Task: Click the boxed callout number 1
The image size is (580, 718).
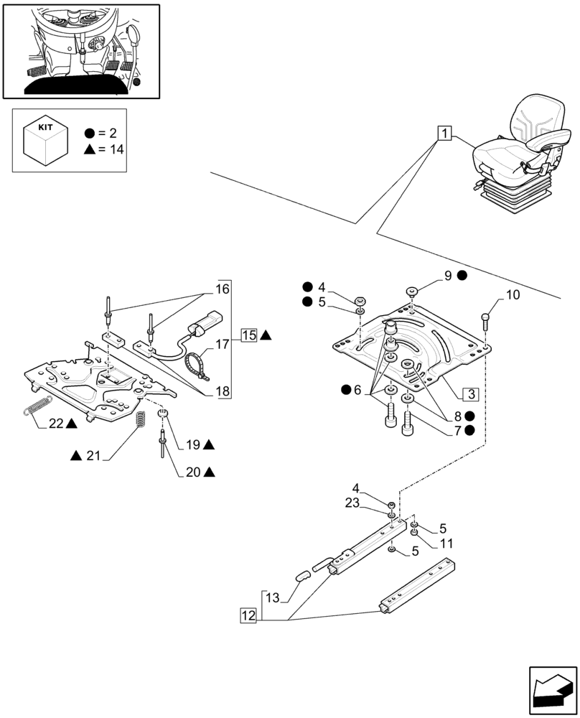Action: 445,134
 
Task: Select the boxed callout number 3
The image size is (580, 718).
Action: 471,394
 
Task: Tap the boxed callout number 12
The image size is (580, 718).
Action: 248,615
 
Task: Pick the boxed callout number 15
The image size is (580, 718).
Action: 249,335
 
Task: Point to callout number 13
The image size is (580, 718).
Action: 273,597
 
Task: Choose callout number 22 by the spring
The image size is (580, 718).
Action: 56,424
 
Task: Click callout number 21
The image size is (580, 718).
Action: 94,456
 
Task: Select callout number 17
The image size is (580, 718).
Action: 223,345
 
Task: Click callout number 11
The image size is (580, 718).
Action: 446,544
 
